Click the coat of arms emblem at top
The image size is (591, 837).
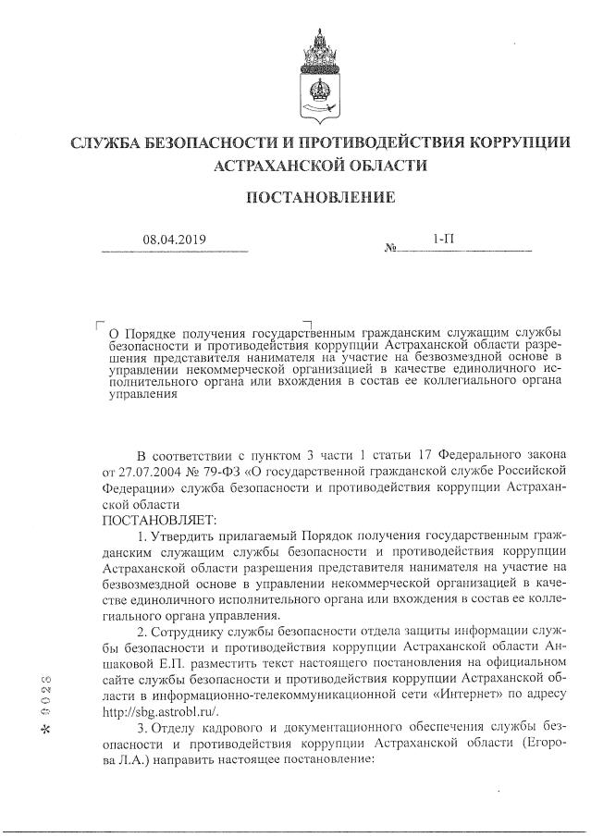(x=320, y=70)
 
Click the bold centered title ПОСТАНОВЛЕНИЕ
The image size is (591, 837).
(x=320, y=197)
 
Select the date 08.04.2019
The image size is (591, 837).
(x=174, y=240)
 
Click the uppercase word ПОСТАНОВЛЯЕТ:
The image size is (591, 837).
(x=152, y=521)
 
